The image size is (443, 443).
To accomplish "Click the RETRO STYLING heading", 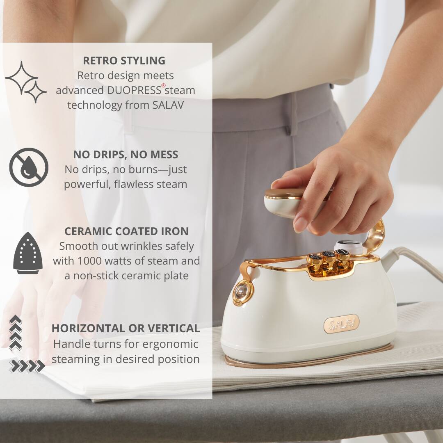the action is [x=124, y=60].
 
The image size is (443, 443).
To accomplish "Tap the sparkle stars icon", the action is [x=26, y=82].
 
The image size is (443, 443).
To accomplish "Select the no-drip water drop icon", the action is [x=29, y=167].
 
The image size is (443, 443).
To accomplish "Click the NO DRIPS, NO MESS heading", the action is [x=126, y=155].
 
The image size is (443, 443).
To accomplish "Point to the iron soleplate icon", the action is [x=28, y=253].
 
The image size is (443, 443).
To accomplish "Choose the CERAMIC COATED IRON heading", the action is [x=126, y=231].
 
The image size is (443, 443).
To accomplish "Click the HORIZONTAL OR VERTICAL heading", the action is [x=126, y=328].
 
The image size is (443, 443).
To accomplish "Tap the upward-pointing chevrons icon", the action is [x=16, y=333].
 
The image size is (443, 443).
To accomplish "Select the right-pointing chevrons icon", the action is [x=27, y=366].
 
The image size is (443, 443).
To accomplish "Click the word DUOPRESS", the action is [x=134, y=90].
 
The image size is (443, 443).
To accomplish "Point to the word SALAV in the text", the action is [x=168, y=105].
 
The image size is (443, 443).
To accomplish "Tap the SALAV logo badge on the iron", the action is [x=341, y=324].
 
